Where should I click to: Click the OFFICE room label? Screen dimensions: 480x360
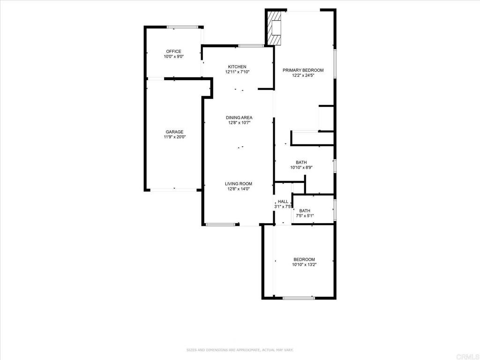[173, 52]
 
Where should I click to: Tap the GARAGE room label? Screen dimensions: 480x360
[174, 132]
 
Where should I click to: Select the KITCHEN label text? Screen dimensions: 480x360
[237, 67]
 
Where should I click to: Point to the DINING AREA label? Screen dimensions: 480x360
[239, 118]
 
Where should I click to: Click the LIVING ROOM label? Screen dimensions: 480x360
[239, 184]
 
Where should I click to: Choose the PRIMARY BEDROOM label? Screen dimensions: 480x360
[303, 70]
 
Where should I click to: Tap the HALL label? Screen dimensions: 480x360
[283, 202]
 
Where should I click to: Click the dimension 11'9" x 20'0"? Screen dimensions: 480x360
[175, 137]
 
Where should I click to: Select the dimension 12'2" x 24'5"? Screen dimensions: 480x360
[303, 75]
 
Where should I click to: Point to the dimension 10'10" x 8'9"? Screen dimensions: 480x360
[301, 167]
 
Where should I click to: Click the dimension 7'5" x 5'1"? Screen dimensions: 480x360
[305, 216]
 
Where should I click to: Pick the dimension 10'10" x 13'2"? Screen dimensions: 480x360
[304, 264]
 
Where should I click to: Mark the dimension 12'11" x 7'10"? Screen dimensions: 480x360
[237, 72]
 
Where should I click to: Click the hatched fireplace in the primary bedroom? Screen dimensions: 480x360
[274, 28]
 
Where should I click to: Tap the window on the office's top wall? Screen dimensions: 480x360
[183, 27]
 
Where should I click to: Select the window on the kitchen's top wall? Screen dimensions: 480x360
[251, 46]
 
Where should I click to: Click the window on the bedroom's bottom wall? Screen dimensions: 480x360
[299, 298]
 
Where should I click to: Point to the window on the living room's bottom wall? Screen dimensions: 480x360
[220, 225]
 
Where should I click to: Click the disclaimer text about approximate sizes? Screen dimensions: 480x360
[240, 350]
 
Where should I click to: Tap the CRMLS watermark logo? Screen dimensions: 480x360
[467, 357]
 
